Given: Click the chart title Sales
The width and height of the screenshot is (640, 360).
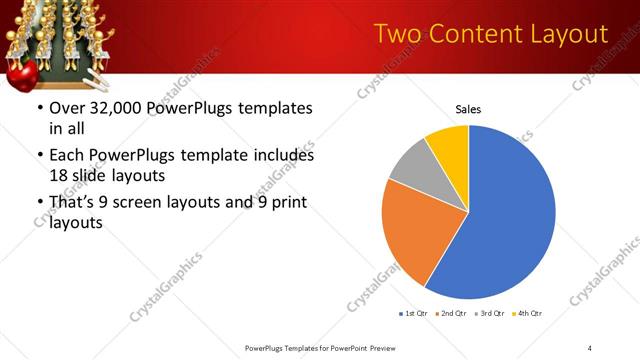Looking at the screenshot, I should coord(468,108).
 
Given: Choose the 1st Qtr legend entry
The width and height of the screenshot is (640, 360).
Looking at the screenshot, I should coord(414,315).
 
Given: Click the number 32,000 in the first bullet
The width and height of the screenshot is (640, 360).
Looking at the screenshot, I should coord(124,108).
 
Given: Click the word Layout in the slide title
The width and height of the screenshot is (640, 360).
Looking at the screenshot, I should coord(568,34).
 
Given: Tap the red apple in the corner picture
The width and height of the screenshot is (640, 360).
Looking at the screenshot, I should coord(22,72).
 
